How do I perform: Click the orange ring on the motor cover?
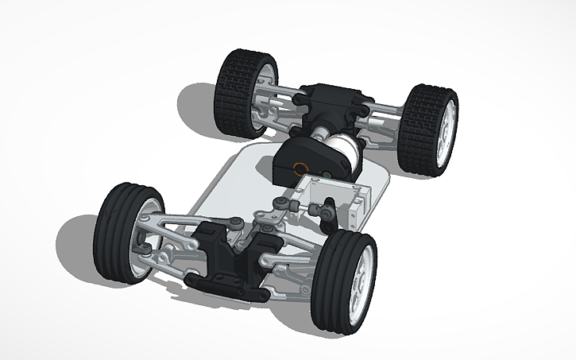coord(300,168)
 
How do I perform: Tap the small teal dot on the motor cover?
coord(324,172)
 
